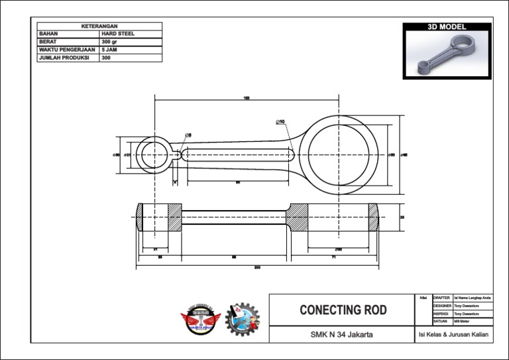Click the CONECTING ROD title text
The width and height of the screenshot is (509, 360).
pos(343,310)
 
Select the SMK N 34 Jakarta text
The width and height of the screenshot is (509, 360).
pos(341,335)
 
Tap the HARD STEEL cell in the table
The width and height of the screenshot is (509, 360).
pos(118,33)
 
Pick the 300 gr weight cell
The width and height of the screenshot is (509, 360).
pos(109,41)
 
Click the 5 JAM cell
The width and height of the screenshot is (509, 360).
pos(109,49)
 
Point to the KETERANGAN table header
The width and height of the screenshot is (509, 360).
pos(99,26)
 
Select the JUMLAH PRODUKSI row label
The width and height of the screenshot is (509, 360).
pos(64,57)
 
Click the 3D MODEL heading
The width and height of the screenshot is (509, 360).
pos(447,27)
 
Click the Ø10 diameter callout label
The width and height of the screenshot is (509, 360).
pos(280,122)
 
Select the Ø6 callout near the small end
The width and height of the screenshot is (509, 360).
pos(188,135)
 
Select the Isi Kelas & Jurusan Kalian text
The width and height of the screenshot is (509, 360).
pos(453,335)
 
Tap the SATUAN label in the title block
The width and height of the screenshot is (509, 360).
pos(441,321)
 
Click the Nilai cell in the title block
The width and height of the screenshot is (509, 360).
pos(422,298)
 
